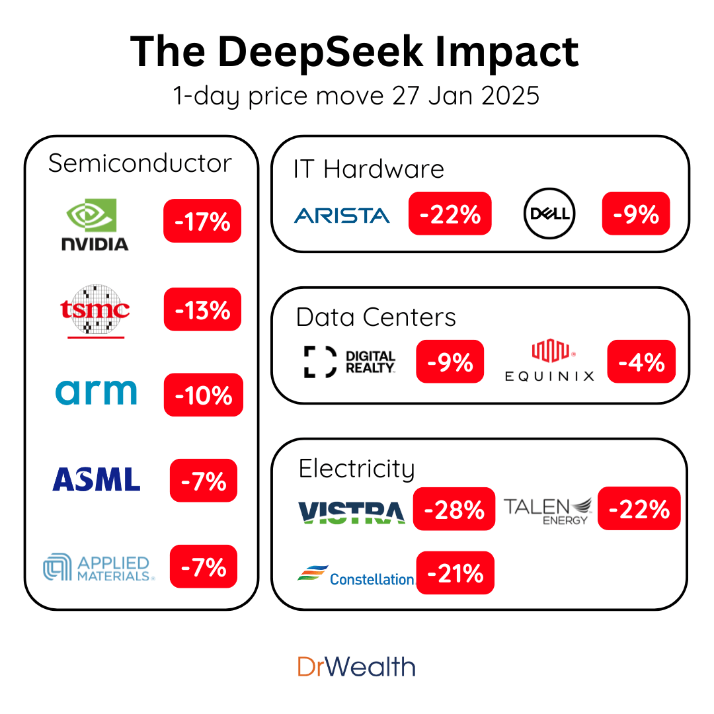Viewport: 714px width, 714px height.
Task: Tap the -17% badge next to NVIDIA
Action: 202,221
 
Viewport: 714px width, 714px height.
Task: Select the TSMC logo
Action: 95,311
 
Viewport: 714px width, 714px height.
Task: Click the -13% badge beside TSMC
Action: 202,309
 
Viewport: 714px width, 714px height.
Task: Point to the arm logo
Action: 96,392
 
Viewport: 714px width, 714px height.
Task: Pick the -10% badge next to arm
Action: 203,395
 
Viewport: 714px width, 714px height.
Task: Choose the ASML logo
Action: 97,479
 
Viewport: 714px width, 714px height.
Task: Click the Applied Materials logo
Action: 99,568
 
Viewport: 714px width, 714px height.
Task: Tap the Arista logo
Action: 342,215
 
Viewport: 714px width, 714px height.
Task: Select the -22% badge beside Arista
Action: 450,214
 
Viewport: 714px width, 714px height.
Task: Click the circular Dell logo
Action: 549,214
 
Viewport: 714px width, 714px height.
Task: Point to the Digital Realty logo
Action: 350,362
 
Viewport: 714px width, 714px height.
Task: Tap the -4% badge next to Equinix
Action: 641,362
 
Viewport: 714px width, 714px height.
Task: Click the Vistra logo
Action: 351,512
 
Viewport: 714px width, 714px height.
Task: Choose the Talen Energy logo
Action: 547,510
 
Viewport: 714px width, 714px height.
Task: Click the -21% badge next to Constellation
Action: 455,573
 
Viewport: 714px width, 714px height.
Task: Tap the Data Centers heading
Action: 376,317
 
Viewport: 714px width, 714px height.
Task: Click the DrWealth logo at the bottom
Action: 356,666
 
